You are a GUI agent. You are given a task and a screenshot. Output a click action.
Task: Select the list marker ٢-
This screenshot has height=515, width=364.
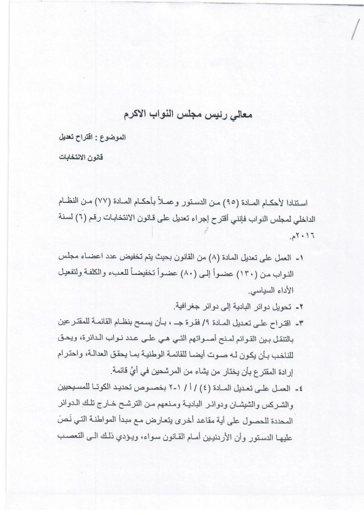point(301,307)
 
